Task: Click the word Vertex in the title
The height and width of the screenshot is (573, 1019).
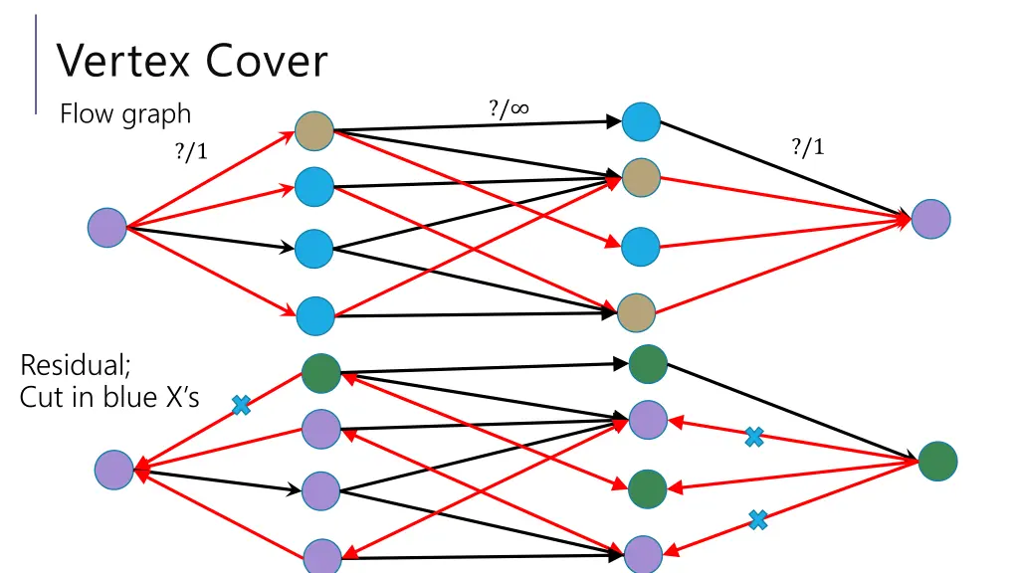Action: pyautogui.click(x=122, y=61)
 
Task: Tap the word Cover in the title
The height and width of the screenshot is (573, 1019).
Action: pyautogui.click(x=267, y=61)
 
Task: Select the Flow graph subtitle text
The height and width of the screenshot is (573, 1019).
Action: pyautogui.click(x=125, y=115)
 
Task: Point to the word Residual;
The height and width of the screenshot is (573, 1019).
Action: pyautogui.click(x=76, y=365)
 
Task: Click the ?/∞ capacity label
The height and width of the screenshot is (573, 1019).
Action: pyautogui.click(x=509, y=108)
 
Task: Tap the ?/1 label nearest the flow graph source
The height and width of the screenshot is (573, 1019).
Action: pyautogui.click(x=191, y=151)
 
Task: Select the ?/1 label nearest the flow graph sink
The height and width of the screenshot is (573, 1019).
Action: pyautogui.click(x=808, y=147)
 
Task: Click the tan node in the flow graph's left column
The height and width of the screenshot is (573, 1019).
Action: pyautogui.click(x=314, y=130)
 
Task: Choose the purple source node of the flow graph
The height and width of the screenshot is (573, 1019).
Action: pyautogui.click(x=107, y=228)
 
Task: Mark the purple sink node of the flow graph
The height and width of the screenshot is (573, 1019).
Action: pyautogui.click(x=930, y=219)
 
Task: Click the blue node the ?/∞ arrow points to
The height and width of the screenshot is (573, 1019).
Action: pyautogui.click(x=642, y=121)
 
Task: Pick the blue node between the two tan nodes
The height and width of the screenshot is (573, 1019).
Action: pyautogui.click(x=641, y=247)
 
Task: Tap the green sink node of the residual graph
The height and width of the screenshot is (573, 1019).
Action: pyautogui.click(x=937, y=462)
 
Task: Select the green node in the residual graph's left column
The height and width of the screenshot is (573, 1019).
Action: pyautogui.click(x=321, y=374)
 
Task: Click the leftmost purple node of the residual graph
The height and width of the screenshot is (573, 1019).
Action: pyautogui.click(x=113, y=470)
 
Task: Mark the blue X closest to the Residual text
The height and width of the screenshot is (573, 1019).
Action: pyautogui.click(x=241, y=406)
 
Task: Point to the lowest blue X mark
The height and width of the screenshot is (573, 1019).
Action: pyautogui.click(x=757, y=519)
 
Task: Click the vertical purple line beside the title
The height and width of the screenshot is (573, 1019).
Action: pyautogui.click(x=36, y=65)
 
